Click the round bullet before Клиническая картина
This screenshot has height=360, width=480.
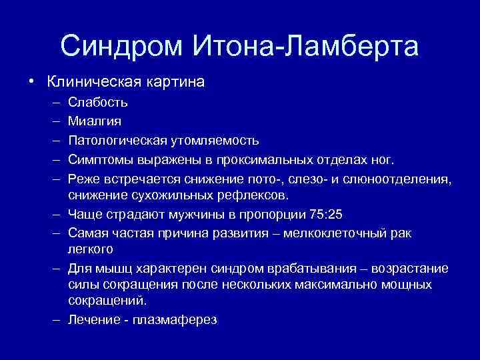(31, 83)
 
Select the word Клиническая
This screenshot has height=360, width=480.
(91, 83)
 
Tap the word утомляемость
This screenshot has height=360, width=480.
(215, 141)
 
